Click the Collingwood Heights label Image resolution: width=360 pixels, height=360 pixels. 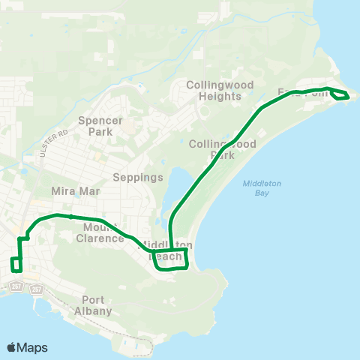[220, 90]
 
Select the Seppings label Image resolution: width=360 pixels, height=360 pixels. [137, 178]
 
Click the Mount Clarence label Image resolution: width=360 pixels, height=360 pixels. [100, 232]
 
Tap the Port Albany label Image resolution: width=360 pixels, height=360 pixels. [93, 305]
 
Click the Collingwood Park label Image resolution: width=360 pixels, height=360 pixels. [223, 149]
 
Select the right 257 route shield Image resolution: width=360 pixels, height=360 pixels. [37, 289]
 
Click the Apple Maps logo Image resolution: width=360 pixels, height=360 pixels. [27, 347]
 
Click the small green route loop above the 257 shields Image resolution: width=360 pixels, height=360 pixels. [16, 265]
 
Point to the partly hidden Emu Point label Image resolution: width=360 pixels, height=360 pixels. [303, 92]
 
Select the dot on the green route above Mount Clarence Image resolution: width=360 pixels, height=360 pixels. [70, 216]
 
